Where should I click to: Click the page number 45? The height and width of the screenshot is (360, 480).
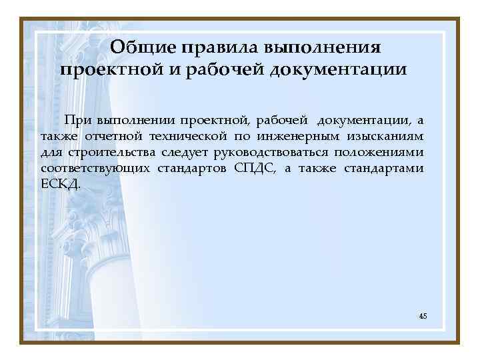(423, 315)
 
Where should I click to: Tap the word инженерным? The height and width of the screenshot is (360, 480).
(293, 137)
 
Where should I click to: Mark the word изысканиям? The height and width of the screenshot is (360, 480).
(385, 137)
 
